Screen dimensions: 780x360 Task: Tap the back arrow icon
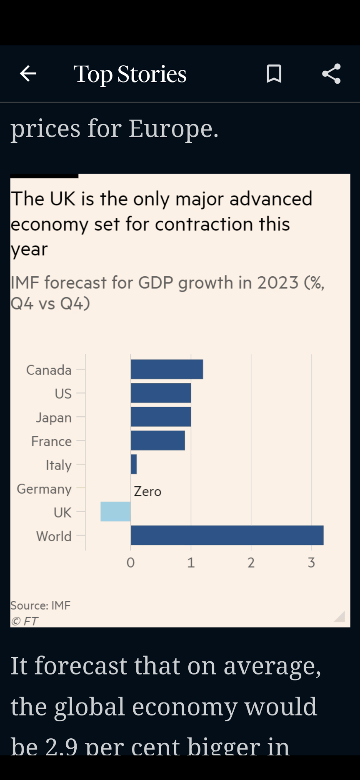(28, 74)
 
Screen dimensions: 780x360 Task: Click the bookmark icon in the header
(274, 74)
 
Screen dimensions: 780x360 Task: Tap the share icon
(331, 74)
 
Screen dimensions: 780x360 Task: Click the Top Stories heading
(130, 74)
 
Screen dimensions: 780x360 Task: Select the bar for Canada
(167, 369)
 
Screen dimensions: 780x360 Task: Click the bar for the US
(161, 393)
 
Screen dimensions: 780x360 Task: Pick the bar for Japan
(161, 417)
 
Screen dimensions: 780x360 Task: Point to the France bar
(158, 440)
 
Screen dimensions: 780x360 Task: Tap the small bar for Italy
(134, 464)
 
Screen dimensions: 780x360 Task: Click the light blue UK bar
(115, 512)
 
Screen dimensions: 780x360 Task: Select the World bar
(227, 535)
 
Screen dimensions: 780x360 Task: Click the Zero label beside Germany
(147, 492)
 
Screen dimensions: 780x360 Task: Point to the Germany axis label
(44, 489)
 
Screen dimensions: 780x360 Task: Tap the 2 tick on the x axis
(251, 563)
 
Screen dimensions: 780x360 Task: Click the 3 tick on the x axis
(311, 563)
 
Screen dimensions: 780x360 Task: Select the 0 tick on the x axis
(131, 563)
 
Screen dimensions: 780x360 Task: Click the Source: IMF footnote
(40, 605)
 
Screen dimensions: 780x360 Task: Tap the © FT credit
(25, 621)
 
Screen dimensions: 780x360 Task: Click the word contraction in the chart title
(204, 224)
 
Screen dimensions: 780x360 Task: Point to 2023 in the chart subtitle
(277, 282)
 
